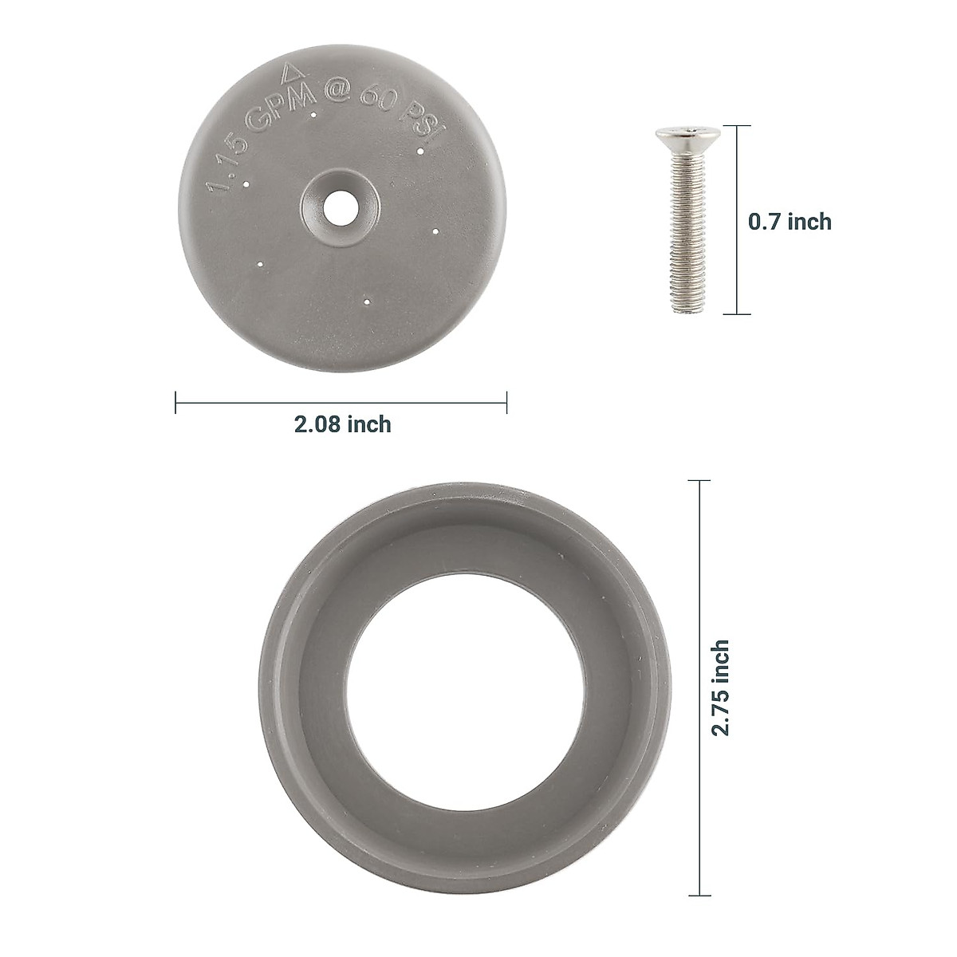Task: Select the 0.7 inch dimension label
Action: pyautogui.click(x=790, y=222)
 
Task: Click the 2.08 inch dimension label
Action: pyautogui.click(x=343, y=424)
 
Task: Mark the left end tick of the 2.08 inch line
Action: pyautogui.click(x=175, y=402)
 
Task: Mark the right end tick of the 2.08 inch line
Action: pyautogui.click(x=507, y=402)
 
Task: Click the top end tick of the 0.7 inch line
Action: pyautogui.click(x=736, y=126)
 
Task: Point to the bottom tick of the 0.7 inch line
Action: pyautogui.click(x=736, y=315)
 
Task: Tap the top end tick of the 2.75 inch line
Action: pyautogui.click(x=699, y=481)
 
